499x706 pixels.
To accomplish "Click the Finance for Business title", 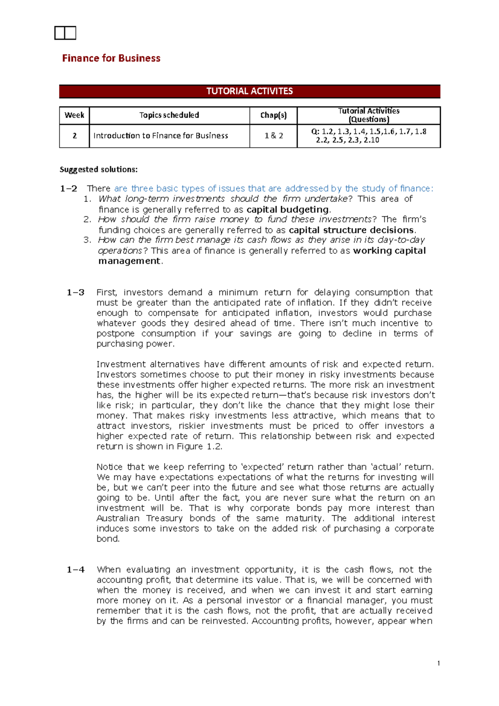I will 111,58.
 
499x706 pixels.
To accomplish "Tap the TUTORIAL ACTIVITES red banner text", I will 249,91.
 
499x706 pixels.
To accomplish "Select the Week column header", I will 74,115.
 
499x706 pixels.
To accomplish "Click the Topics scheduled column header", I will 169,115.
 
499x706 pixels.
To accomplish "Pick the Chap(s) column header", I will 273,115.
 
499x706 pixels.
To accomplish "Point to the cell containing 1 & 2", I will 273,136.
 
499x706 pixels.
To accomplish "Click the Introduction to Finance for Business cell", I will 161,136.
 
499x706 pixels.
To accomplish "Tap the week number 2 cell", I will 74,136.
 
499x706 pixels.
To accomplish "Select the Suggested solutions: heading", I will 99,169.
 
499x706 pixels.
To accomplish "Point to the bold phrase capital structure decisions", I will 351,230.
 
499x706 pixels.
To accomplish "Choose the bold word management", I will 129,261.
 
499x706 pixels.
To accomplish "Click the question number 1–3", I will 75,292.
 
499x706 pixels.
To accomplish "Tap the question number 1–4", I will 75,570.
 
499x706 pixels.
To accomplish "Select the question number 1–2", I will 69,188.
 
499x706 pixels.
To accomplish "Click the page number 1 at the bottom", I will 438,664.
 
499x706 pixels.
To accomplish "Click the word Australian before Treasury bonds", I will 118,518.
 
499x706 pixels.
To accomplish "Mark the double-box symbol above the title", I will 65,33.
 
